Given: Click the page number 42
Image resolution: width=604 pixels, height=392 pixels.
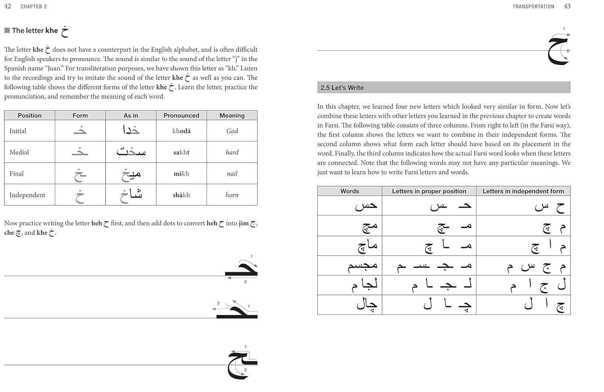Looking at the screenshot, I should coord(8,6).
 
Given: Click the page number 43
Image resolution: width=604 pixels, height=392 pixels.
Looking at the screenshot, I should coord(567,6).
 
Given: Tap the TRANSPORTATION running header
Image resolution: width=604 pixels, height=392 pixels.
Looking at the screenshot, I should coord(533,6).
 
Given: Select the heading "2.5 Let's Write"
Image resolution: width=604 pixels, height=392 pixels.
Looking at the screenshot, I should coord(342,88).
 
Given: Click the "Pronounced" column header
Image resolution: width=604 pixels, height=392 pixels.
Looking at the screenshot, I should coord(181,116).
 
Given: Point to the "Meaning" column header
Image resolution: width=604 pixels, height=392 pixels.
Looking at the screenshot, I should coord(232,116).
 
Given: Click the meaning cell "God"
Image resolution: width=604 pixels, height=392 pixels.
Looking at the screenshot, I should coord(232,131).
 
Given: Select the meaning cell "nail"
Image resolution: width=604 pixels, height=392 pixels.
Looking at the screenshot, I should coord(232,174).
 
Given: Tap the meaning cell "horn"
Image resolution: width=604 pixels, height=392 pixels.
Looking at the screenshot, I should coord(232,195).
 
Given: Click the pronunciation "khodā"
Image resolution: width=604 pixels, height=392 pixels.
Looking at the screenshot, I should coord(181,131).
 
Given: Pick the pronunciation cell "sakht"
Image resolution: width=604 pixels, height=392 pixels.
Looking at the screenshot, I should coord(181,152).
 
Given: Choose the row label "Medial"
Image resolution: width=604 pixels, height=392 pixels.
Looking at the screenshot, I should coord(19,152).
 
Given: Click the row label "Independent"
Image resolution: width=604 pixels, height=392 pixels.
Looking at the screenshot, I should coord(27,195).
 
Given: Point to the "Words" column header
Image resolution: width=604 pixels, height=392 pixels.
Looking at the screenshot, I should coord(350,191).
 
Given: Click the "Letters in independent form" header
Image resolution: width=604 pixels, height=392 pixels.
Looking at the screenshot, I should coord(523,191).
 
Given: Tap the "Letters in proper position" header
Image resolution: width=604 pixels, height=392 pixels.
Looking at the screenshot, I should coord(429,191).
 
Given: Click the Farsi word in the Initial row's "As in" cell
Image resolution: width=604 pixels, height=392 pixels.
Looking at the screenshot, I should coord(131,130).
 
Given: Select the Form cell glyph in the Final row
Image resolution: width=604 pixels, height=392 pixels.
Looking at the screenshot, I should coord(80,174).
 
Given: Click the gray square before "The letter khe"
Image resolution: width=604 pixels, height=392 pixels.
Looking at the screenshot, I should coord(7,31).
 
